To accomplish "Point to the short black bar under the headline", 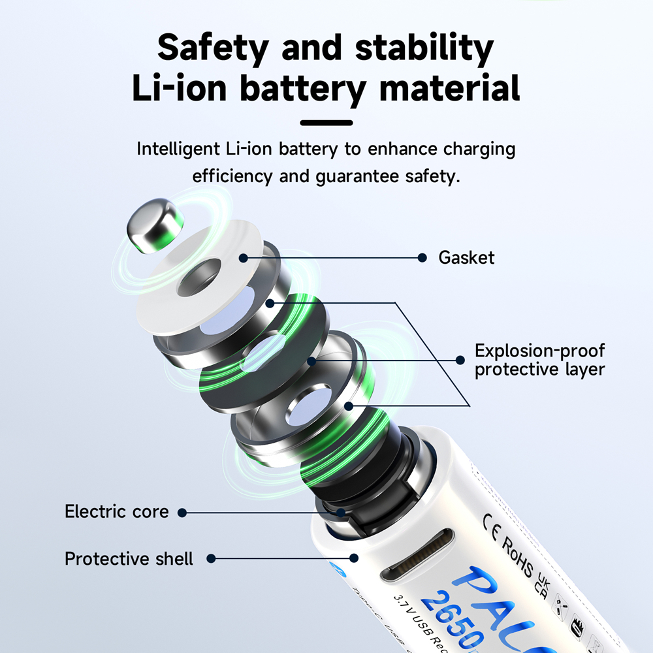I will tap(326, 122).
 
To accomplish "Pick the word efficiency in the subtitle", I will tap(232, 176).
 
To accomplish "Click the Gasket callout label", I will tap(466, 257).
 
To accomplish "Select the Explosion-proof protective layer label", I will tap(539, 360).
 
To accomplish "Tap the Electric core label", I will tap(116, 512).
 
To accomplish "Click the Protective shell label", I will tap(129, 559).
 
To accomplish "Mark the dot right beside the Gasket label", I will tap(422, 258).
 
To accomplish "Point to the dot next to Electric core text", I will tap(182, 513).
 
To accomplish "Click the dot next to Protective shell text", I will tap(211, 559).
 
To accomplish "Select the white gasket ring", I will tap(196, 281).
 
